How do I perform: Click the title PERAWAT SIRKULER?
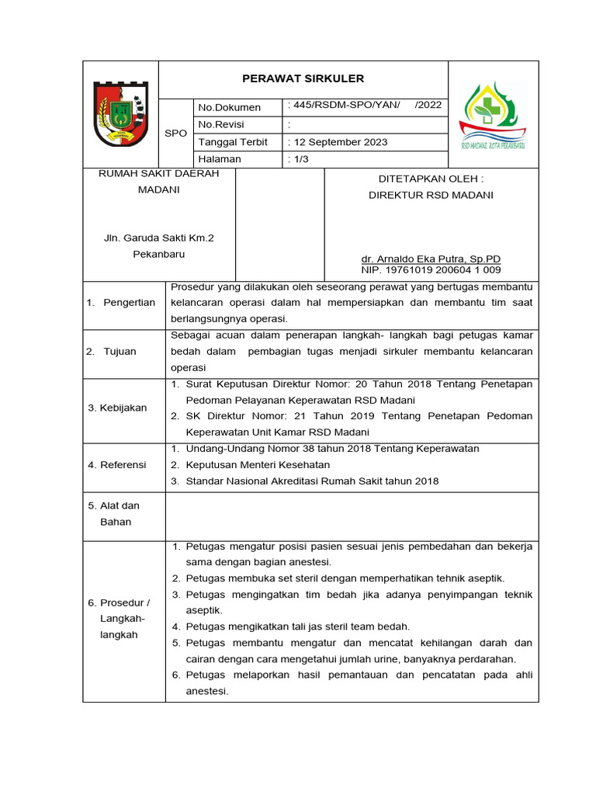(x=303, y=78)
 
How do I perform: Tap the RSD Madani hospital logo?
(x=493, y=115)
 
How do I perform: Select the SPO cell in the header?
(x=176, y=133)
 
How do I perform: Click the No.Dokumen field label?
(x=230, y=107)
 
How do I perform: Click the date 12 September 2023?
(x=339, y=142)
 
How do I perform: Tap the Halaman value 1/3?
(x=297, y=159)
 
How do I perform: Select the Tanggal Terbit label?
(x=233, y=142)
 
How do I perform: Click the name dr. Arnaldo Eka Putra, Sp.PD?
(x=431, y=259)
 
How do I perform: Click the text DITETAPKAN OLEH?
(x=431, y=179)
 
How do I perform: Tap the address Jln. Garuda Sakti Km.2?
(x=158, y=238)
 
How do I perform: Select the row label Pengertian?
(x=129, y=302)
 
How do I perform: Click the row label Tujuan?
(x=120, y=351)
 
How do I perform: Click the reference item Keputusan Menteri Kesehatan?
(x=258, y=464)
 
